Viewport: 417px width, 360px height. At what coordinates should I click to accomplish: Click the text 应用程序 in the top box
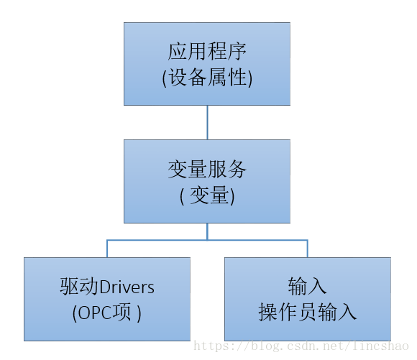tap(207, 52)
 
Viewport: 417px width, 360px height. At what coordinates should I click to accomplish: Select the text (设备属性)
tap(207, 78)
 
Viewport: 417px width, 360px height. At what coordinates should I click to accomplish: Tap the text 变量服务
tap(207, 170)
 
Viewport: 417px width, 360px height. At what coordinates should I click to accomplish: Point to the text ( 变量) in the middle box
tap(207, 195)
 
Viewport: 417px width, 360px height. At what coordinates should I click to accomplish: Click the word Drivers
tap(127, 287)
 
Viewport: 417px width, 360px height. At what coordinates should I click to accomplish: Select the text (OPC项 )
tap(106, 313)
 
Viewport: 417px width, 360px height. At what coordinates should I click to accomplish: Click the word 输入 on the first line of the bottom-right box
tap(307, 287)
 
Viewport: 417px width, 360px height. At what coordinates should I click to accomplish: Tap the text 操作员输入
tap(307, 313)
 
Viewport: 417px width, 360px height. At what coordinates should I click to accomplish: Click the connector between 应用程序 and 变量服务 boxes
tap(207, 122)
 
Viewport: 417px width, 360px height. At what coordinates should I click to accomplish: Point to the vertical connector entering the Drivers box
tap(107, 249)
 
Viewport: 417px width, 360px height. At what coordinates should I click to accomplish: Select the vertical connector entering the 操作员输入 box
tap(307, 249)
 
